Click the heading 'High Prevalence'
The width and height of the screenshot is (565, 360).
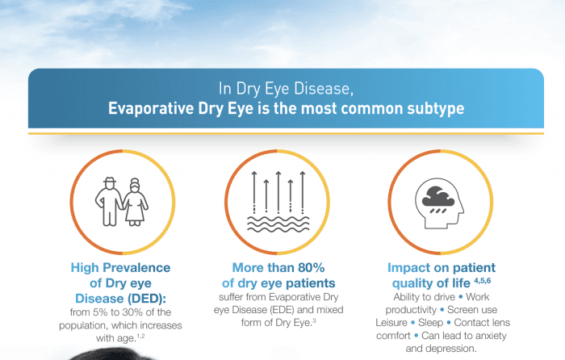tap(120, 267)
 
